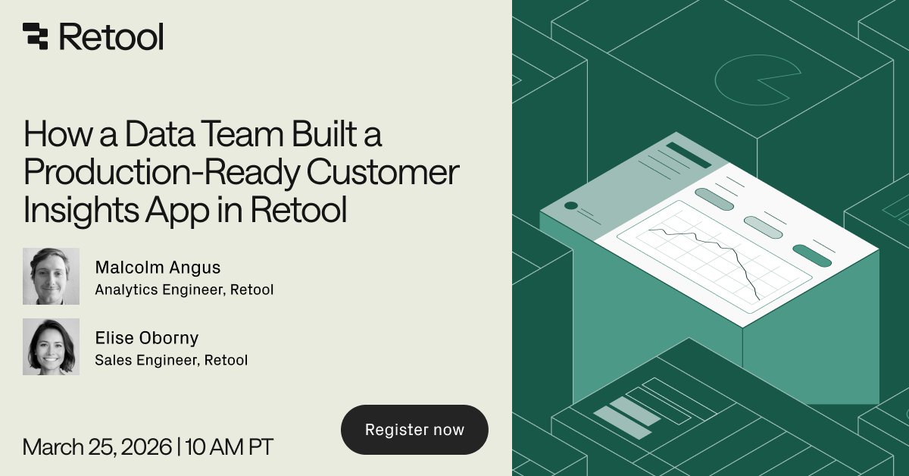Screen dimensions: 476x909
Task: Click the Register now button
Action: [414, 430]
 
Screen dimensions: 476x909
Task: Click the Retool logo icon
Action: [36, 36]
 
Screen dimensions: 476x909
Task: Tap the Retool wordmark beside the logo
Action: [111, 36]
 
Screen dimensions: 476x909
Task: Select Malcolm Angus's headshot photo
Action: [51, 276]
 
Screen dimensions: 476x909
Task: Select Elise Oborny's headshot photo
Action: [51, 346]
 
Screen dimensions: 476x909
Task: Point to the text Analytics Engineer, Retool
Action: [184, 289]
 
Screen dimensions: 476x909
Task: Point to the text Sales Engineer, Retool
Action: [171, 360]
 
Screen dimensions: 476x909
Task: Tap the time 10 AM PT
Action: [228, 446]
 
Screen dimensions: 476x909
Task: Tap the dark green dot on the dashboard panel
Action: [571, 206]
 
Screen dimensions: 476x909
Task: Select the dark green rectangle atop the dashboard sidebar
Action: [689, 155]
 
